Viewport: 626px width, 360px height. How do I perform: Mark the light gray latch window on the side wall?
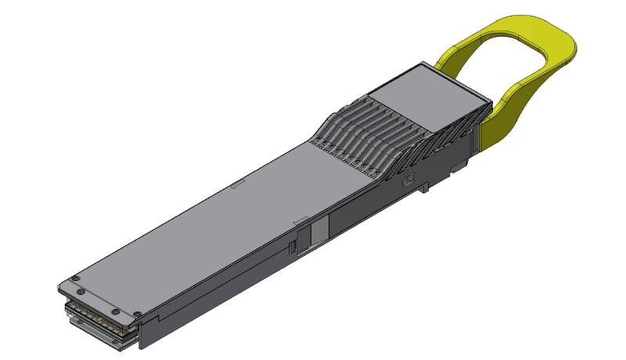point(320,230)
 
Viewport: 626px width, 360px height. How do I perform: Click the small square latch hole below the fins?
point(407,181)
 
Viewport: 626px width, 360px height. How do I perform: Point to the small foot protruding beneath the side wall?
point(423,189)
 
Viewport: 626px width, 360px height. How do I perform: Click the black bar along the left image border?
point(20,180)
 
